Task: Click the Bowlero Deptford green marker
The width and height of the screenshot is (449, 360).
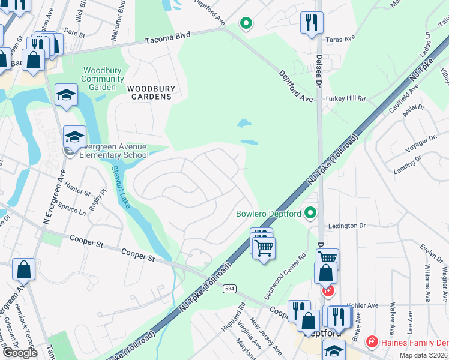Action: pos(310,213)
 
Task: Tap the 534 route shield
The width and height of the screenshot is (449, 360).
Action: pos(229,289)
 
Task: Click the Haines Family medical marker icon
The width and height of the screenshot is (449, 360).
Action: pos(372,341)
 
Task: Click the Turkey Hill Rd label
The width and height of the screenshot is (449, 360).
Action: pos(345,98)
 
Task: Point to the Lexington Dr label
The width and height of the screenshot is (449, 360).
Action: pos(347,226)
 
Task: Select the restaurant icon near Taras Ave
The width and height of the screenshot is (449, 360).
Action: pos(312,23)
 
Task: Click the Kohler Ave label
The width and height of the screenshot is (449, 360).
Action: pos(364,305)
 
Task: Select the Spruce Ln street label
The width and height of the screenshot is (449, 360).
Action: pos(72,211)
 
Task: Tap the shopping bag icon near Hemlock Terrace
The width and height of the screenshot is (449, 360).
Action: pos(23,270)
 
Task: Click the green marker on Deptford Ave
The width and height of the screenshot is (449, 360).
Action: pos(245,23)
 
